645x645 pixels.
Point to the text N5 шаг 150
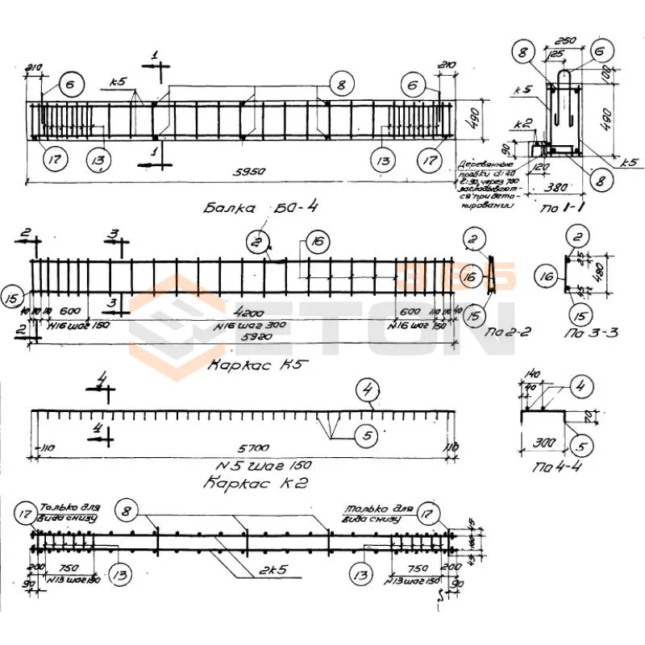pos(264,466)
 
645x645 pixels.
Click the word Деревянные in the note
pos(481,162)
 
